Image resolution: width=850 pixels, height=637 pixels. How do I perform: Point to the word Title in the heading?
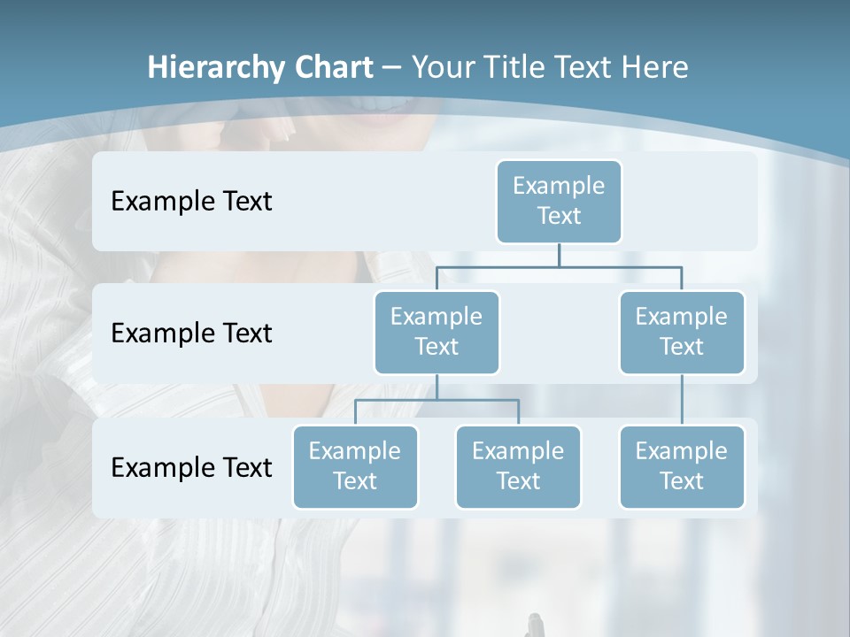(x=518, y=68)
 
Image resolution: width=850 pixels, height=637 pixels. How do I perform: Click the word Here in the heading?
(x=656, y=68)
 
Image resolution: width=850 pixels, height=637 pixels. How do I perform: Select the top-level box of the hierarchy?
(x=559, y=201)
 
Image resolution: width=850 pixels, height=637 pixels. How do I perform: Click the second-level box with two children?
(x=437, y=332)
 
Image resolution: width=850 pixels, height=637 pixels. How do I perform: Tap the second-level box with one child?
(x=682, y=332)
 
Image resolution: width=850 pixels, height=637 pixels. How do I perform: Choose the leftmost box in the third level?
(x=355, y=466)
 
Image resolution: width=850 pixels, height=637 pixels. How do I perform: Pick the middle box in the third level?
(x=518, y=466)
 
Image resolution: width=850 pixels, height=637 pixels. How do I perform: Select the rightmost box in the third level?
(x=682, y=466)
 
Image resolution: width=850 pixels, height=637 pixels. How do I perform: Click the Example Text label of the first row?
(x=191, y=202)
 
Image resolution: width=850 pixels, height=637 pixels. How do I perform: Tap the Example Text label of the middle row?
(x=191, y=334)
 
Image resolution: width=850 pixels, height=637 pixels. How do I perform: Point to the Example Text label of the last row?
(x=191, y=467)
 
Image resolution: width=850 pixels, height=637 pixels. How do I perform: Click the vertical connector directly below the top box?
(x=559, y=254)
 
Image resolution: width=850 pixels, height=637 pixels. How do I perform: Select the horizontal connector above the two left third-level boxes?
(x=437, y=400)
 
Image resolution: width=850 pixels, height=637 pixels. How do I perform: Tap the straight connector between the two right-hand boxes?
(x=682, y=400)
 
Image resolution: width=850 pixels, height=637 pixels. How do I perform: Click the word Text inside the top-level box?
(x=559, y=216)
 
